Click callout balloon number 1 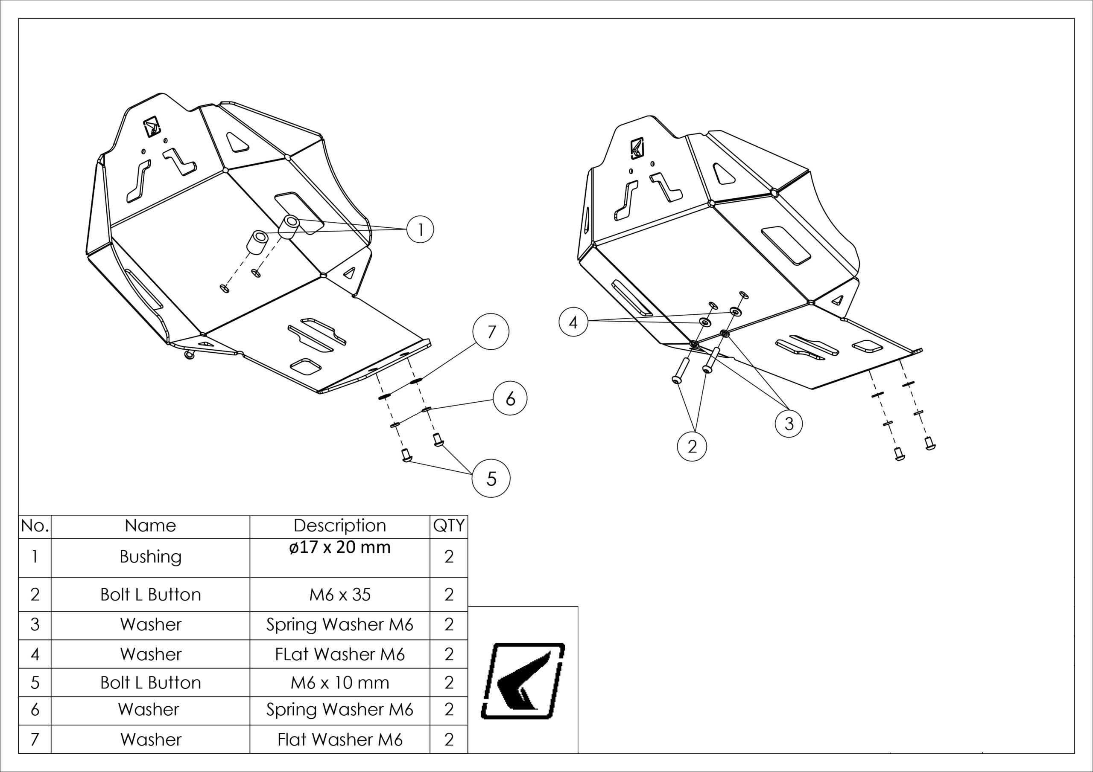pyautogui.click(x=420, y=230)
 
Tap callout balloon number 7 pyautogui.click(x=491, y=331)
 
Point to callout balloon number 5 pyautogui.click(x=491, y=478)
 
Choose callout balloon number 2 pyautogui.click(x=692, y=446)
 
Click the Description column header pyautogui.click(x=339, y=525)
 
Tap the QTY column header pyautogui.click(x=448, y=525)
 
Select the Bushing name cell pyautogui.click(x=150, y=557)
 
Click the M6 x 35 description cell pyautogui.click(x=339, y=595)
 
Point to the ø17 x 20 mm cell pyautogui.click(x=339, y=548)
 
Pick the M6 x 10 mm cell pyautogui.click(x=339, y=682)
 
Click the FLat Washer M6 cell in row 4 pyautogui.click(x=339, y=654)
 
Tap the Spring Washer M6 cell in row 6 pyautogui.click(x=339, y=709)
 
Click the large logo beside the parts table pyautogui.click(x=523, y=680)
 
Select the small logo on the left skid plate pyautogui.click(x=152, y=127)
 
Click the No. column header pyautogui.click(x=35, y=525)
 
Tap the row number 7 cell pyautogui.click(x=35, y=739)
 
